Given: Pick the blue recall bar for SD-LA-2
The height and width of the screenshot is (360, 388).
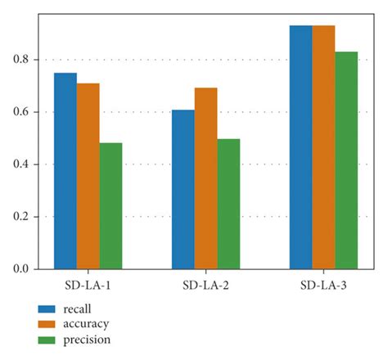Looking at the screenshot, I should tap(183, 189).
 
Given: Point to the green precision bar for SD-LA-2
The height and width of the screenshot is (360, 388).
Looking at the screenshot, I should tap(228, 204).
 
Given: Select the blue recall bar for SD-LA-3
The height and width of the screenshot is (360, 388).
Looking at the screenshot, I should tap(300, 146).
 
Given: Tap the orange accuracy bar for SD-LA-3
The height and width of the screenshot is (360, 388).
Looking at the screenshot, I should tap(323, 146).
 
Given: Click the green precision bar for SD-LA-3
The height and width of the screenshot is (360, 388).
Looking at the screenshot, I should tap(346, 160).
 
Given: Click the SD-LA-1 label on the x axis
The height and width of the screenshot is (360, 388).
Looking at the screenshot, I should tap(88, 287).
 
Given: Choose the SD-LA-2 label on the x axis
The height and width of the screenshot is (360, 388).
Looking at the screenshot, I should tap(205, 287).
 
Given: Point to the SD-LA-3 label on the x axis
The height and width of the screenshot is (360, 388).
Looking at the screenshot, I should tap(323, 287).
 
